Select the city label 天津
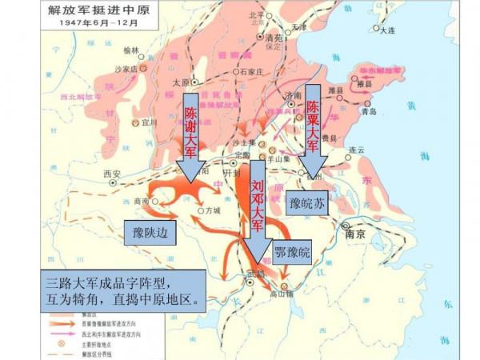pyautogui.click(x=299, y=26)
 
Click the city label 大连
pyautogui.click(x=388, y=30)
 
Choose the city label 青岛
pyautogui.click(x=369, y=112)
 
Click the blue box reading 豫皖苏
pyautogui.click(x=308, y=203)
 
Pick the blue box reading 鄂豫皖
pyautogui.click(x=292, y=254)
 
